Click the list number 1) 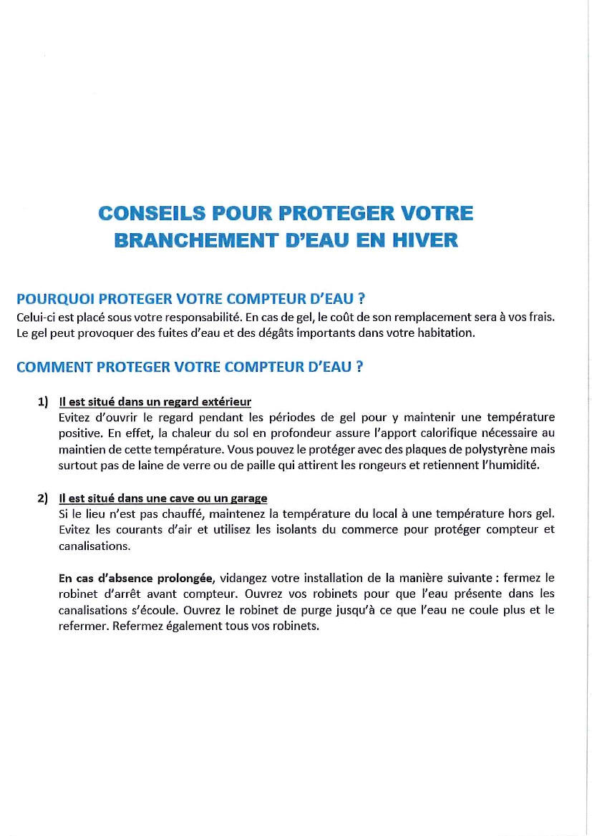tap(44, 402)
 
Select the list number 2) tap(44, 498)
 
